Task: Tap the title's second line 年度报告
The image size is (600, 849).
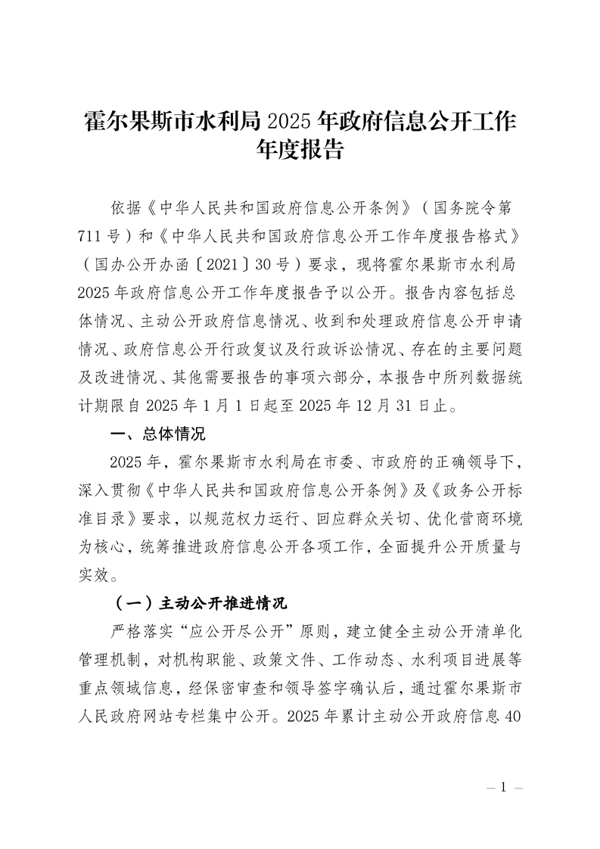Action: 300,150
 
